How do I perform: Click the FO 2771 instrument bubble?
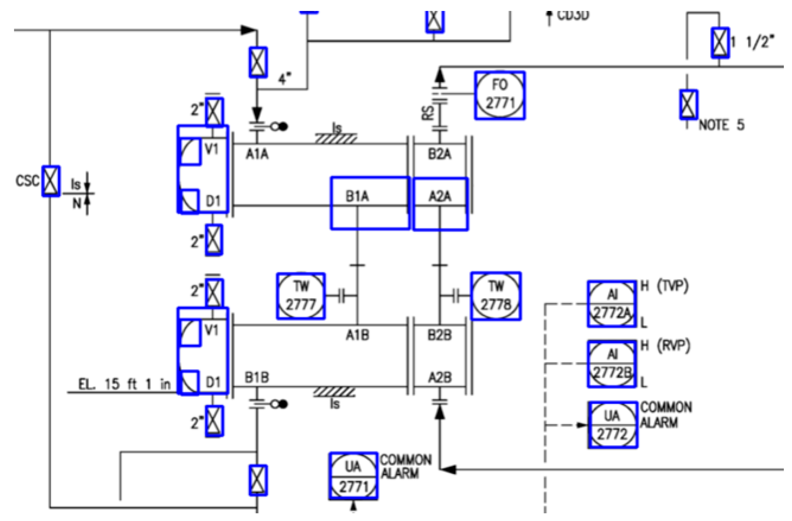point(500,95)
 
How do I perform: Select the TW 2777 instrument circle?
point(300,296)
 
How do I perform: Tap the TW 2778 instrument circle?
point(496,296)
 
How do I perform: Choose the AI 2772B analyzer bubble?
point(612,363)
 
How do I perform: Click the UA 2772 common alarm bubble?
point(612,425)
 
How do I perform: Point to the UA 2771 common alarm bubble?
point(353,476)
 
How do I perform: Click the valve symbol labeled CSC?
point(51,181)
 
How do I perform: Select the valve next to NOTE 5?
point(688,104)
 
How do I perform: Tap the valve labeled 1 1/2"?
point(720,43)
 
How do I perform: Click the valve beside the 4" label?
point(258,62)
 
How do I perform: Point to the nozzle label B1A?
point(357,197)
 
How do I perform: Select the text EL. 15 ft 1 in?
point(124,384)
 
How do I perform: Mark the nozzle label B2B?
point(439,335)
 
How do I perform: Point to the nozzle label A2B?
point(439,377)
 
